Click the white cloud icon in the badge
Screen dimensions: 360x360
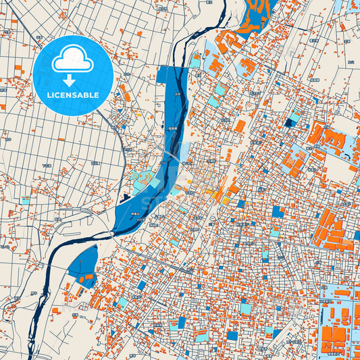(73, 60)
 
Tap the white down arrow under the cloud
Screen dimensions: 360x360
(70, 80)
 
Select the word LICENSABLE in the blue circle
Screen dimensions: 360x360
(72, 95)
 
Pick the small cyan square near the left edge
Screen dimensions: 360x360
(26, 201)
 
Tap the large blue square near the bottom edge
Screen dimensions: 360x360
(232, 335)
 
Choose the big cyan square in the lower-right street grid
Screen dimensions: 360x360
(247, 308)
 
